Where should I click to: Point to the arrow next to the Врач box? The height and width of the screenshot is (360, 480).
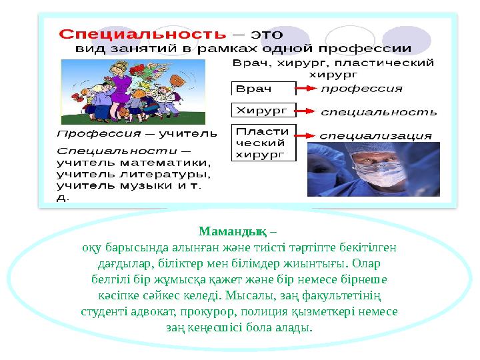307,89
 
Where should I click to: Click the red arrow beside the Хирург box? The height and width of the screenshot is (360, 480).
307,110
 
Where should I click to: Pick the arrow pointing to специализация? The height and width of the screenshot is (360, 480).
307,135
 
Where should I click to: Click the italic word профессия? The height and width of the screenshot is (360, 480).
361,88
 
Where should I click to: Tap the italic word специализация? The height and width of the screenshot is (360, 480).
375,135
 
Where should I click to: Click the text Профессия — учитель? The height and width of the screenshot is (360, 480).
137,133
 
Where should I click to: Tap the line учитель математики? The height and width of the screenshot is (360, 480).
133,162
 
